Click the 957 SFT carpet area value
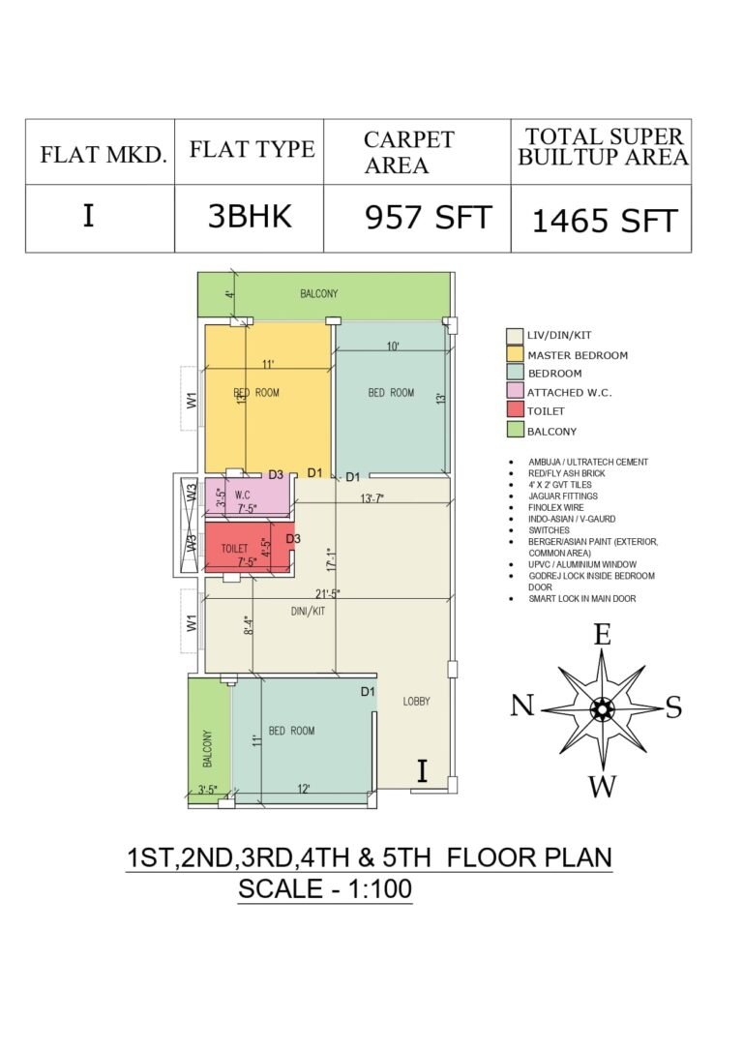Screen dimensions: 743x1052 tap(429, 218)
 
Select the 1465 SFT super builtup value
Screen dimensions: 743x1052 tap(605, 220)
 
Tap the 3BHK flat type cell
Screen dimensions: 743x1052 tap(250, 216)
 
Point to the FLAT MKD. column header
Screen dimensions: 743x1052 tap(104, 154)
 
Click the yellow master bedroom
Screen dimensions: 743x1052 tap(268, 399)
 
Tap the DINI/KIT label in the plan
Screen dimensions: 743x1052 tap(308, 612)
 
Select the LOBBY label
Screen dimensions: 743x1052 tap(416, 701)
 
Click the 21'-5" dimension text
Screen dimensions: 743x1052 tap(328, 594)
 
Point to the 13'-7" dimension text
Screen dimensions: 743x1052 tap(371, 497)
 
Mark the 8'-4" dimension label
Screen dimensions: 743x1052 tap(248, 625)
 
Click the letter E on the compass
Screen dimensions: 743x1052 tap(602, 634)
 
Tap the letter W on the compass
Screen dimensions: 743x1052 tap(602, 786)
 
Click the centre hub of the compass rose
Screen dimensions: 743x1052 tap(602, 708)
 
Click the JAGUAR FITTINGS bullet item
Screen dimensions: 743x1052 tap(563, 496)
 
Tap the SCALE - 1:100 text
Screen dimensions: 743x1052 tap(325, 889)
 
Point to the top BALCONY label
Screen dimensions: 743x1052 tap(319, 294)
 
